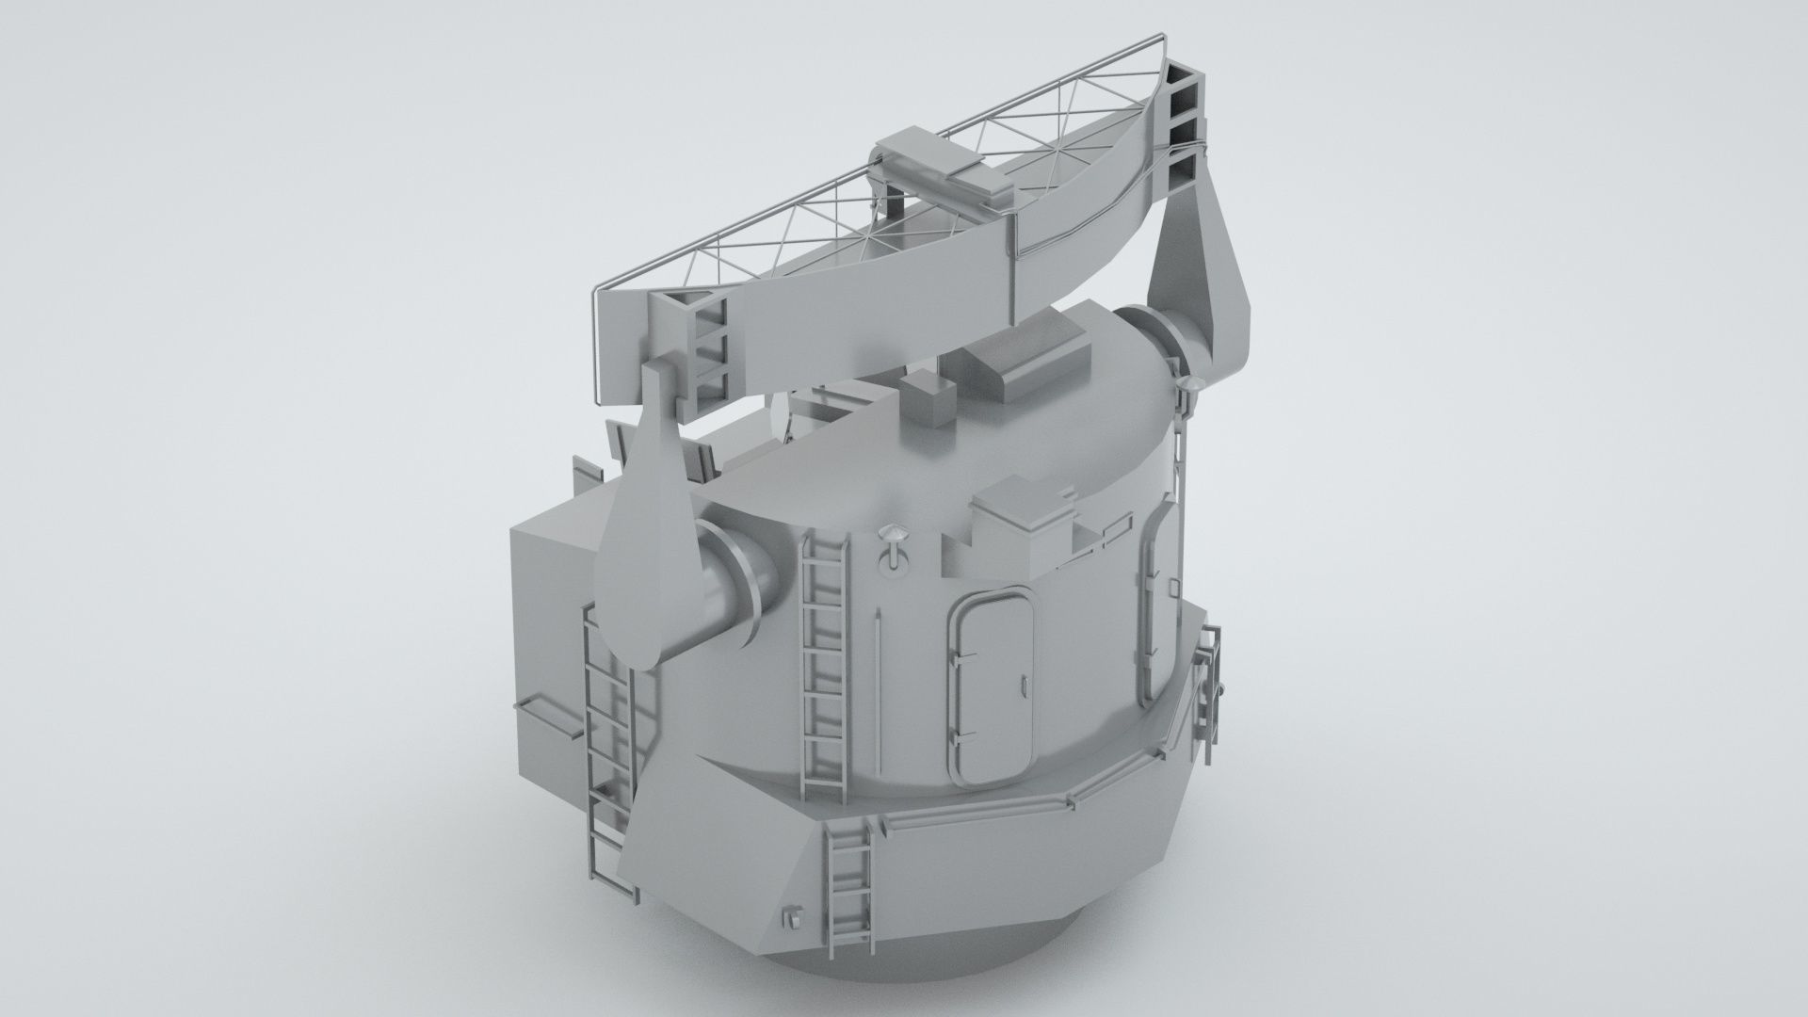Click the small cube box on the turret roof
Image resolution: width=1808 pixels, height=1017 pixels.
(x=929, y=402)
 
